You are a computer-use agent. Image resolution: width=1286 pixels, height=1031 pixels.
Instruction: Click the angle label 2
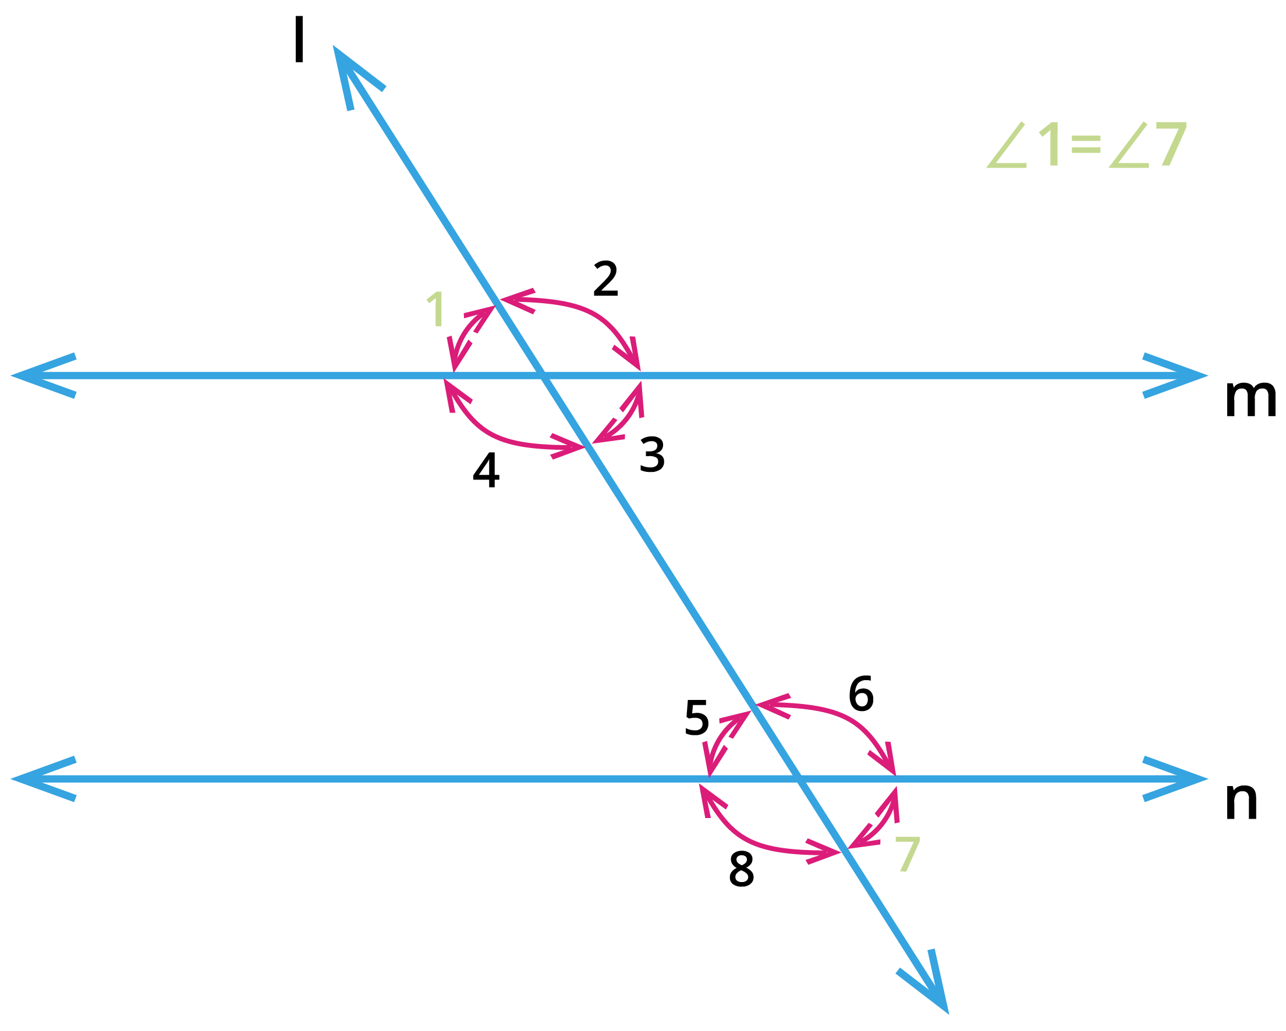(605, 279)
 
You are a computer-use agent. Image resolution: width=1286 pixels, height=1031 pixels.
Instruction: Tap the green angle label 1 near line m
(435, 309)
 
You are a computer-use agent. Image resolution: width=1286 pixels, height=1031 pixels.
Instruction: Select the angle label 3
(652, 454)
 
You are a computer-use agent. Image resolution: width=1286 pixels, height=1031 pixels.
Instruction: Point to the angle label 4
(486, 470)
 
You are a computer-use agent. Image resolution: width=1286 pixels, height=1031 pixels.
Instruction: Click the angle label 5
(697, 718)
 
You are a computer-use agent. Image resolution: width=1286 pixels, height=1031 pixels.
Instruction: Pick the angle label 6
(861, 694)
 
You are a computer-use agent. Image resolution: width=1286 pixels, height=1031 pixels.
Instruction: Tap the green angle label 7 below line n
(908, 854)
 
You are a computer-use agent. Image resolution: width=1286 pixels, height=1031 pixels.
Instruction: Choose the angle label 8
(742, 869)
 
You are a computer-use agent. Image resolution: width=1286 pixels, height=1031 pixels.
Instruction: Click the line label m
(1250, 399)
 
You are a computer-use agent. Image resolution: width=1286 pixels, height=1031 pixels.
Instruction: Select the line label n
(1241, 801)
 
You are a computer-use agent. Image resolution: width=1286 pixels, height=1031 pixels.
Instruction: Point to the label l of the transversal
(299, 40)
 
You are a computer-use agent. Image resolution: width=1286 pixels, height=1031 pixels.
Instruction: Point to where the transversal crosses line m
(543, 376)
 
